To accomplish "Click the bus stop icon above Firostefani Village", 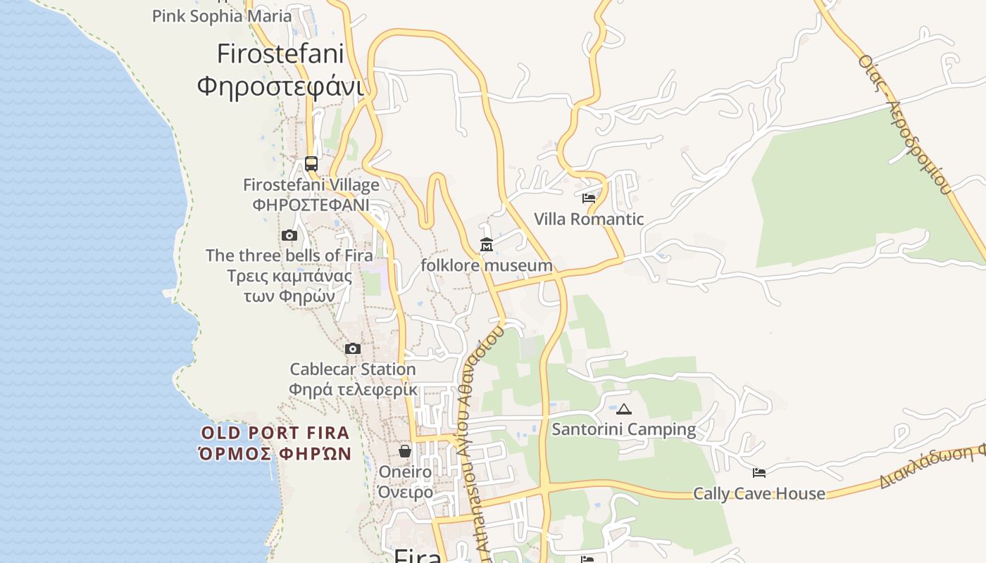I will (311, 164).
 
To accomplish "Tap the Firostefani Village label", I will (311, 185).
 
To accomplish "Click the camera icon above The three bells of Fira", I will (289, 236).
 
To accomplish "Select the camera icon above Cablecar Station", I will (353, 348).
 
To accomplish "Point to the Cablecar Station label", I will (353, 369).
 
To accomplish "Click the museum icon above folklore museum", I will (487, 245).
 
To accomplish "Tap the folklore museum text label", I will (487, 265).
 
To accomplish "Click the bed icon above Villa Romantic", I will (589, 198).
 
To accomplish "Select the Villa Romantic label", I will (589, 219).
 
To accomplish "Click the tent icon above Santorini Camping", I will (624, 409).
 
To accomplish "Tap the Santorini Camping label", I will (624, 429).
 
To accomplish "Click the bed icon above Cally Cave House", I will (759, 473).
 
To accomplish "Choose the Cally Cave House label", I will (759, 493).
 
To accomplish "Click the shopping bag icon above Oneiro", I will (405, 451).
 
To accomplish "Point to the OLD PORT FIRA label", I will (275, 433).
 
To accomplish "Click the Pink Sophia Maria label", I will (222, 15).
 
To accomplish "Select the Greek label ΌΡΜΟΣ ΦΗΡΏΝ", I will (275, 453).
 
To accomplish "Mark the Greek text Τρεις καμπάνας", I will (289, 275).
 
